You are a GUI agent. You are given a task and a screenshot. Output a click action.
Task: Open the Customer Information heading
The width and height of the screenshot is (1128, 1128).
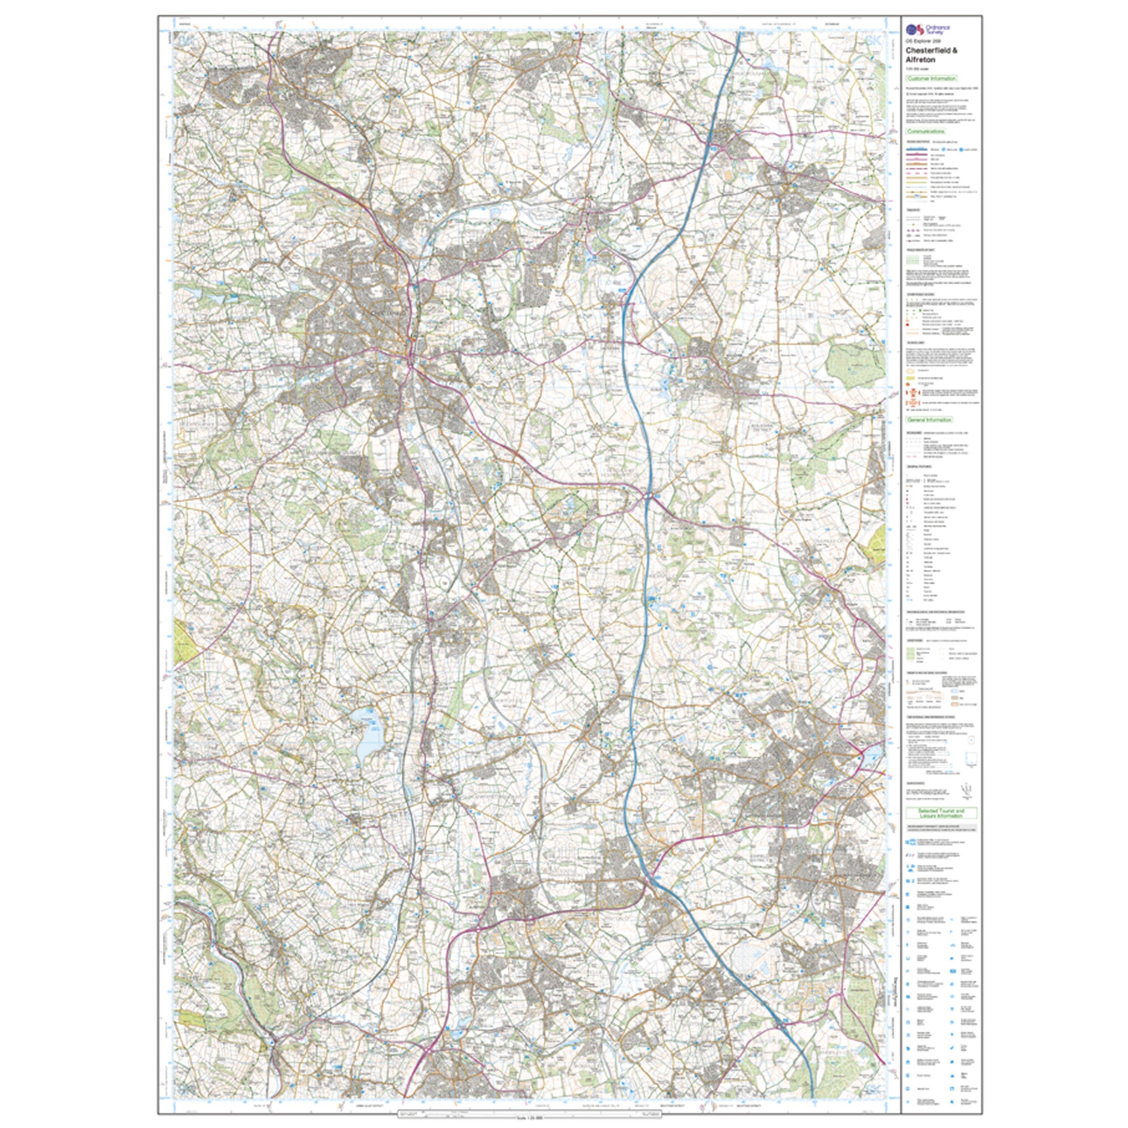931,78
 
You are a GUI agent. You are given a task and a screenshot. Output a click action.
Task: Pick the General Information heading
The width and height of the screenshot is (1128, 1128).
929,419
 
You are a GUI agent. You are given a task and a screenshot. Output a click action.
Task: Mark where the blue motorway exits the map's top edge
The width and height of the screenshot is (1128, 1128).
738,34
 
